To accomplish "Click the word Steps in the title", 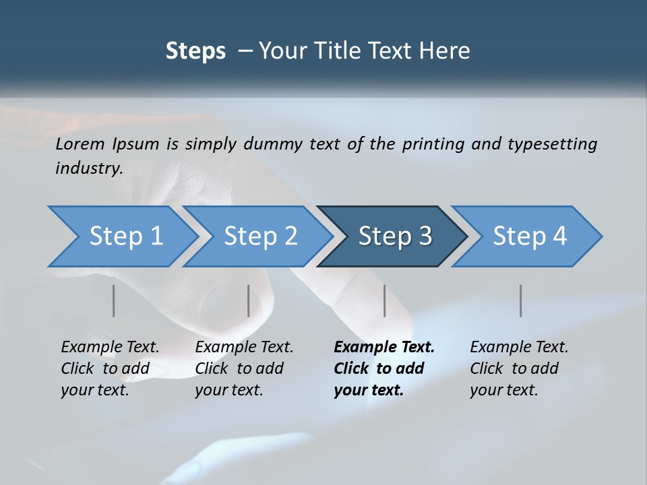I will (195, 51).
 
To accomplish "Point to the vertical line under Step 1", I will (114, 300).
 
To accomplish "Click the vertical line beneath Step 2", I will (249, 300).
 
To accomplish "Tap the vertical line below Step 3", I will (385, 300).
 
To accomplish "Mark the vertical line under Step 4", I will (521, 300).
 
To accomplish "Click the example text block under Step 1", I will (110, 368).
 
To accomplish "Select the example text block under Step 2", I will (244, 368).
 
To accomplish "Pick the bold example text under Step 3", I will (384, 368).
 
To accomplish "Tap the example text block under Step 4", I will (519, 368).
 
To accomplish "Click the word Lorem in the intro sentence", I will (80, 144).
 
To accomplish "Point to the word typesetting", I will (552, 144).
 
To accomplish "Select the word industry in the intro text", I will (88, 168).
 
